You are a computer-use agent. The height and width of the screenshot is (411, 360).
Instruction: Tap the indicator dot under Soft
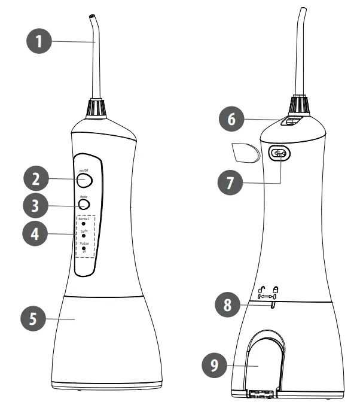click(83, 236)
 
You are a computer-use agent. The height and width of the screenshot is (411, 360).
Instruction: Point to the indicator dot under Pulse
click(83, 248)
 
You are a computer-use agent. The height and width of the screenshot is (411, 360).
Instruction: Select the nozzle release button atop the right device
click(292, 121)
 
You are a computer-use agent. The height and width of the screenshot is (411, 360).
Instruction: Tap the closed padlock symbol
click(276, 289)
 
